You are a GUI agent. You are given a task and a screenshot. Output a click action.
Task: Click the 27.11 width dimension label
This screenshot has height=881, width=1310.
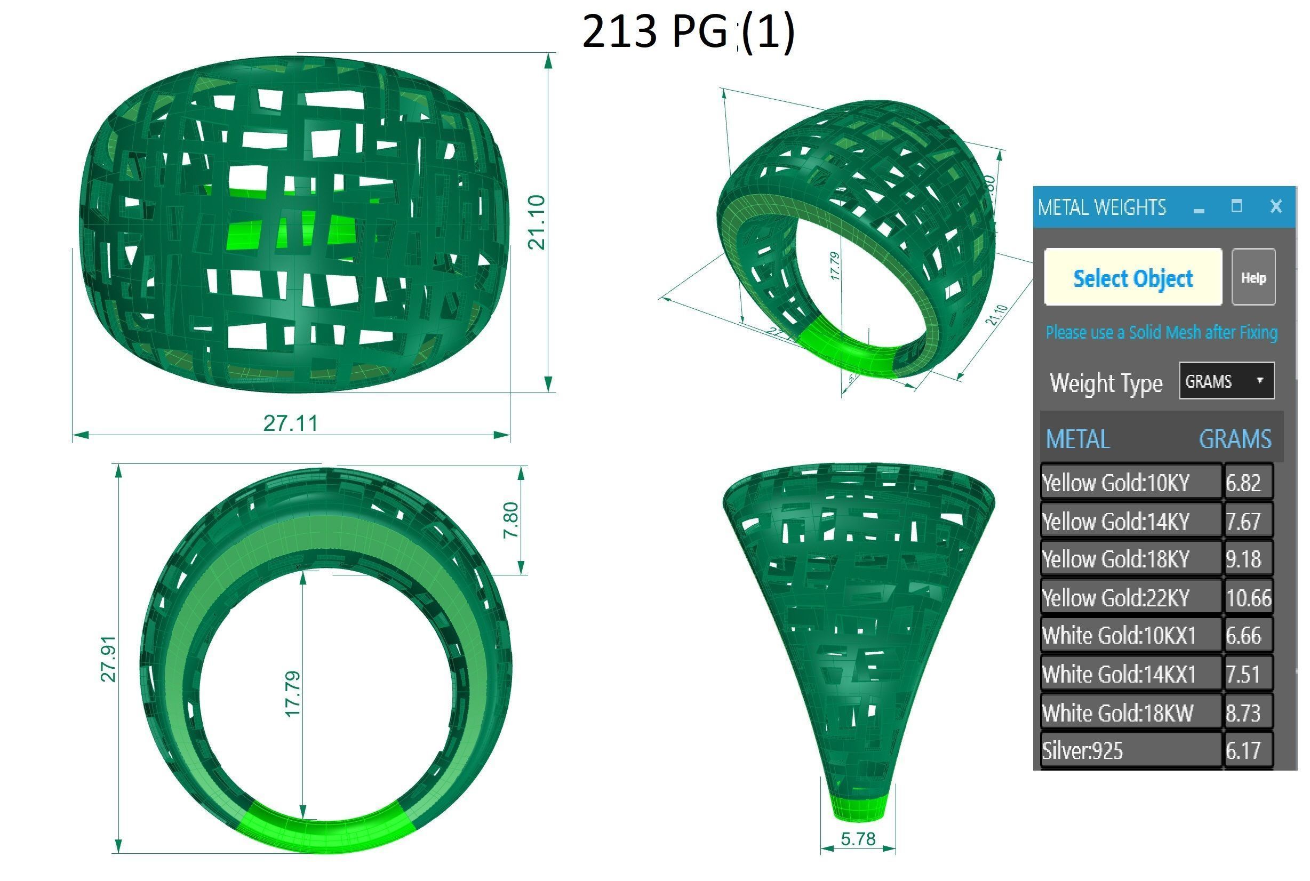(291, 423)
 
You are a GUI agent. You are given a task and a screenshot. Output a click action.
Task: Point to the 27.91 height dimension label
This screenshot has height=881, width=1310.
(108, 659)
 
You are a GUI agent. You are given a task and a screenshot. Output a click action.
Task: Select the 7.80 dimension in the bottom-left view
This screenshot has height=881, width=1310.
(510, 520)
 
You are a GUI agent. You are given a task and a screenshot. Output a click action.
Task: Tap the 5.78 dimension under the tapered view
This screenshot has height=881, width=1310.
(858, 839)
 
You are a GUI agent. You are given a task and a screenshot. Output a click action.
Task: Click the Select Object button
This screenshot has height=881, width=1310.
(1132, 277)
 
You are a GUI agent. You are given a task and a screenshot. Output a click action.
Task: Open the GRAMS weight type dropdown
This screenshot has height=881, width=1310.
(1226, 381)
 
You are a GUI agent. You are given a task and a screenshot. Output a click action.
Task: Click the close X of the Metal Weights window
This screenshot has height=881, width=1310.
(1276, 206)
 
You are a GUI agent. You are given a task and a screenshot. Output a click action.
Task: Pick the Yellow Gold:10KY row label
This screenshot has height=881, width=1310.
(1115, 483)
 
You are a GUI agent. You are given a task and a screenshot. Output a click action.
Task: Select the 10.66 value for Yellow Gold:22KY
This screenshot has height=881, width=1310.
(1248, 598)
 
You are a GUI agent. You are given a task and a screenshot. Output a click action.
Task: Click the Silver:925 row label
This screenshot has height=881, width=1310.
(1083, 751)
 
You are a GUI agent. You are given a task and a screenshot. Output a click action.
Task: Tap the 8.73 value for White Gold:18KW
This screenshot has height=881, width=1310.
(1243, 713)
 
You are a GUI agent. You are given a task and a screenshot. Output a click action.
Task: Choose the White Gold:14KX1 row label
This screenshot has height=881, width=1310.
(1119, 674)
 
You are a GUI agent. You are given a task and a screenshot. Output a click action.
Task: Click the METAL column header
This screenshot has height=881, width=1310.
(1077, 439)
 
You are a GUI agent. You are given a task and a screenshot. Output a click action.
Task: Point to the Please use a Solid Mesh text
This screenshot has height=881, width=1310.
(1161, 333)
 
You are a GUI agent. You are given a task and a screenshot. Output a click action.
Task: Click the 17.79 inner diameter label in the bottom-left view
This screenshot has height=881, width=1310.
(293, 694)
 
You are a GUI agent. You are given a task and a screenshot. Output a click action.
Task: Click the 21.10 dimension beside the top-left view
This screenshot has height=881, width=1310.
(537, 222)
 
